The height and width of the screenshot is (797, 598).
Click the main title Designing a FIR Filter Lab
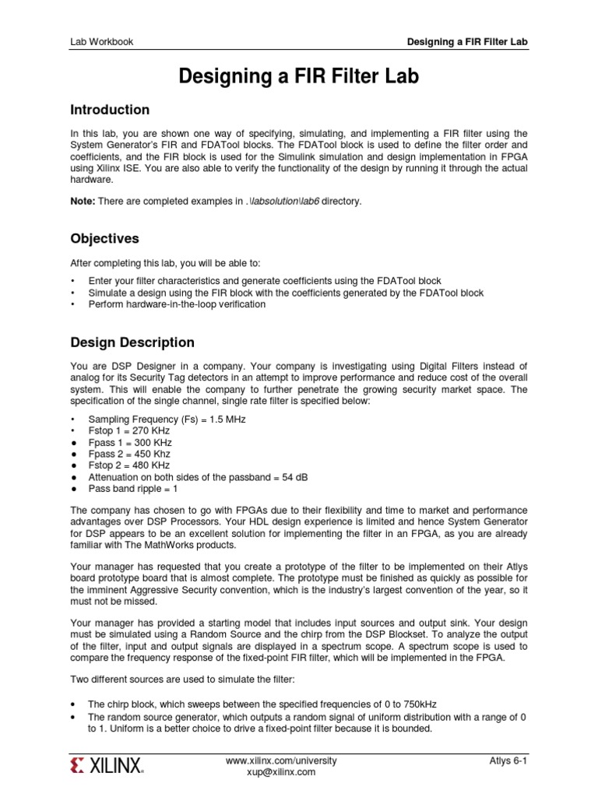coord(299,76)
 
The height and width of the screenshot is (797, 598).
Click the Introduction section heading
coord(110,110)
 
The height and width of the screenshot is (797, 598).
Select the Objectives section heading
coord(104,238)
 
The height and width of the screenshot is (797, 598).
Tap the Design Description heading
coord(132,342)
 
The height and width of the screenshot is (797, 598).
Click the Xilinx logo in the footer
coord(107,767)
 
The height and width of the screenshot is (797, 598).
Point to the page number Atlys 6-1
coord(508,760)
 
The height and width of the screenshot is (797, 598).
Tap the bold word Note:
coord(83,202)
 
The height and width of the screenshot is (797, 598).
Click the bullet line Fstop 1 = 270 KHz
coord(130,430)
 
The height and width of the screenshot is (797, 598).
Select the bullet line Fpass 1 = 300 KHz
coord(131,442)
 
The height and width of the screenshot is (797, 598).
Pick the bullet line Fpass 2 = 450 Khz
coord(129,454)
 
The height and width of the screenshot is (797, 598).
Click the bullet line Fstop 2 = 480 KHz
coord(130,465)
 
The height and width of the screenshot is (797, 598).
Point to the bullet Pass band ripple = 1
coord(133,489)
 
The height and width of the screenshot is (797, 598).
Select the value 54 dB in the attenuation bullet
coord(301,477)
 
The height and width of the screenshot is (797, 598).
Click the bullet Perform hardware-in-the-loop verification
coord(177,304)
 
